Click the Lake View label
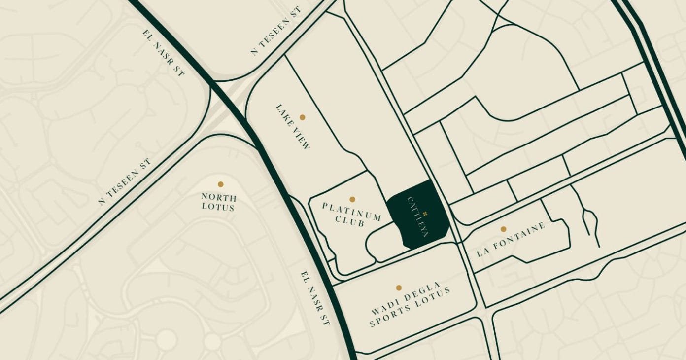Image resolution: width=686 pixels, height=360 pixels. (293, 126)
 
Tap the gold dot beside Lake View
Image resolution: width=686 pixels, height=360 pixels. (302, 117)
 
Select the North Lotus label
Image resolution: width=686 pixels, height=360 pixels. (218, 202)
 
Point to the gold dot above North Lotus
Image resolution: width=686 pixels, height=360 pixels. (221, 184)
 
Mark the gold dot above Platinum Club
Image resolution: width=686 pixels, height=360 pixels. (352, 199)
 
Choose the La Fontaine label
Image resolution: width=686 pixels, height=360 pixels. (511, 240)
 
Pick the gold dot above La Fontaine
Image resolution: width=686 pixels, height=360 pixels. (503, 229)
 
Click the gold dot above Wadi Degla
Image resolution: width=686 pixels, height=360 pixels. (399, 288)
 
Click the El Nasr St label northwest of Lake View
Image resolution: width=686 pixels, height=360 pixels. (163, 53)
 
